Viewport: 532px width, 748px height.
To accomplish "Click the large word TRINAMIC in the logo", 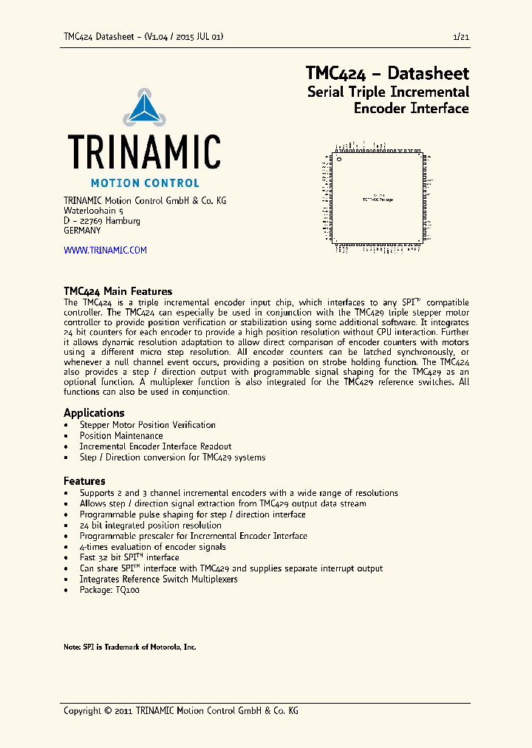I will click(144, 152).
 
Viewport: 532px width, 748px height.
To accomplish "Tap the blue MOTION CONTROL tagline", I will click(144, 183).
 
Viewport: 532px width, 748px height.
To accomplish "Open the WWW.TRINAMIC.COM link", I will click(105, 251).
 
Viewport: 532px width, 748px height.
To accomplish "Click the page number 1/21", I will click(460, 36).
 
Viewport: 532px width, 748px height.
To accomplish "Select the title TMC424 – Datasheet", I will click(387, 74).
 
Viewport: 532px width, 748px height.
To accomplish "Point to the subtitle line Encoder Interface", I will click(411, 109).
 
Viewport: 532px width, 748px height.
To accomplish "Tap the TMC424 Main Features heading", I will click(117, 291).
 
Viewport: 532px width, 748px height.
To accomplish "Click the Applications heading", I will click(94, 412).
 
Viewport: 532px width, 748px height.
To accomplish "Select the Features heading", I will click(84, 480).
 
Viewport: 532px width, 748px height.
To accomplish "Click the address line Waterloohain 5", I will click(94, 211).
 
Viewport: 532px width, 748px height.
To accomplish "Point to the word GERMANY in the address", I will click(82, 231).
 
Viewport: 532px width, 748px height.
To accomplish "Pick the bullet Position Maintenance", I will click(121, 436).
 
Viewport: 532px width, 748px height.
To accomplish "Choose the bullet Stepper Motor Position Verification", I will click(148, 425).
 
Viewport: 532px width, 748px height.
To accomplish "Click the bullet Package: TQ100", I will click(109, 590).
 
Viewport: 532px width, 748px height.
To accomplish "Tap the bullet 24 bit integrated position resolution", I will click(151, 526).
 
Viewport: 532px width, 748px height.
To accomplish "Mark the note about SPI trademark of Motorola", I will click(130, 647).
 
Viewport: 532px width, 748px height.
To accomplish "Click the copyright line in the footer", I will click(181, 710).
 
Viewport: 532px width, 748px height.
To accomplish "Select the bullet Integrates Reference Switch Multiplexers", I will click(159, 579).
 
